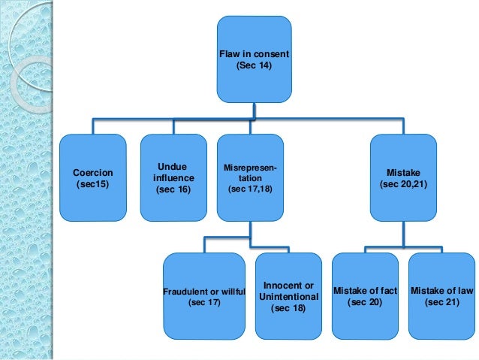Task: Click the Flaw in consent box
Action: [253, 59]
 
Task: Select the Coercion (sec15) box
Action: [93, 177]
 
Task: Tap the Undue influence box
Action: [173, 177]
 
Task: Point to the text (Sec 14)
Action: [253, 66]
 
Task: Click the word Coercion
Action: [93, 171]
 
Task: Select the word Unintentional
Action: [289, 296]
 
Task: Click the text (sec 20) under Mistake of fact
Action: [366, 302]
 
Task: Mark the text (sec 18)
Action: [289, 308]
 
